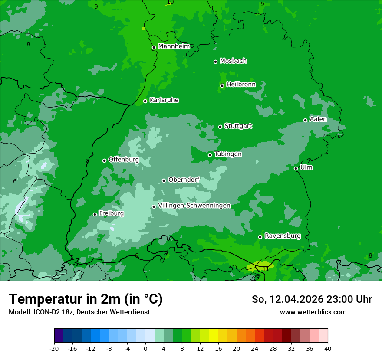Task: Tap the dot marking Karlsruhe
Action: (145, 101)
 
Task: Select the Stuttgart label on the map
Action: (238, 126)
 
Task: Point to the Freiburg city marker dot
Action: (95, 214)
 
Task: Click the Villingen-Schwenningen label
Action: (194, 206)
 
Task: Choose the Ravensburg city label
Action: (283, 236)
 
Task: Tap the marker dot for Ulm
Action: (296, 168)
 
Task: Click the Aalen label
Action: (318, 119)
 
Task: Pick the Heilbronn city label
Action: (241, 85)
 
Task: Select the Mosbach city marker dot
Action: (215, 62)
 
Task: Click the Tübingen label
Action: (228, 154)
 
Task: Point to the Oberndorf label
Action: (184, 180)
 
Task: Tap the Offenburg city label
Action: (124, 160)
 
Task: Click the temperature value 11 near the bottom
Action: (266, 269)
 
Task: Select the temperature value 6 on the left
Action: (15, 181)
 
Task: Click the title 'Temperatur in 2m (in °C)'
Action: (86, 299)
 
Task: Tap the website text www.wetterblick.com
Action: (313, 312)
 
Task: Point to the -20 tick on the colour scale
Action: (54, 348)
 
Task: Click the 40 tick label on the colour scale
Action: (327, 348)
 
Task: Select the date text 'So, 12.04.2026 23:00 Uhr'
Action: (312, 299)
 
